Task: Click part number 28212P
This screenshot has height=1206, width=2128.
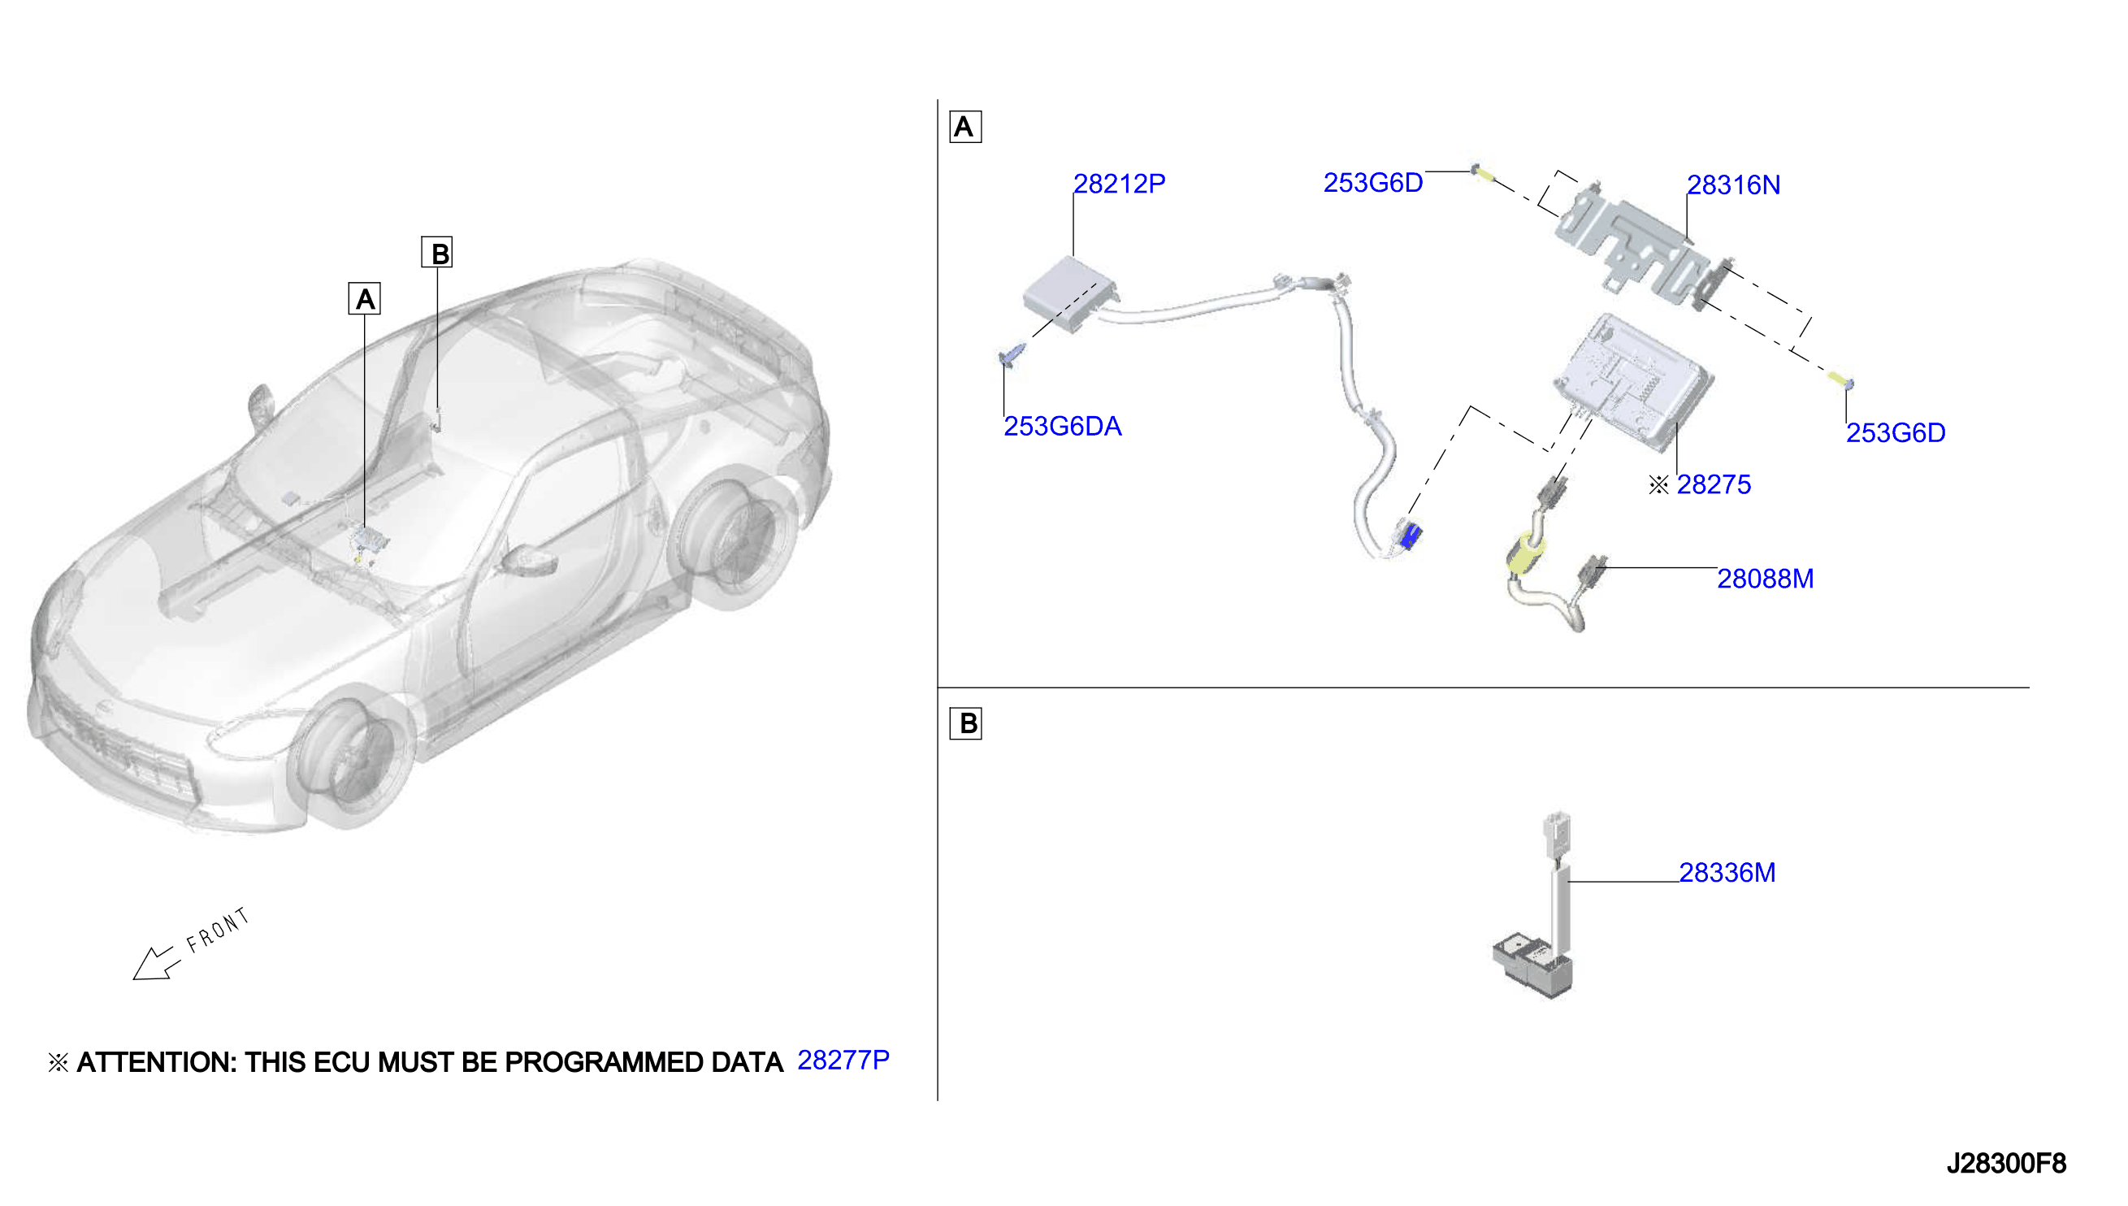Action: [1119, 184]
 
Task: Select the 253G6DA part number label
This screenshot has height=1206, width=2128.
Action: [1062, 427]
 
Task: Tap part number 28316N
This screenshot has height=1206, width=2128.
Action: [1733, 184]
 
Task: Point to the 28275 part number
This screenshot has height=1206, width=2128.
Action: [1713, 484]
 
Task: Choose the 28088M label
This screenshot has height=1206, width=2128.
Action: [1765, 578]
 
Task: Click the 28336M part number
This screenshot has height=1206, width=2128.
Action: [1727, 872]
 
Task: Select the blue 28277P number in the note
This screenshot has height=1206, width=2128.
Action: [843, 1061]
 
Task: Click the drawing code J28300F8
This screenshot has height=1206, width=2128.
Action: [2005, 1164]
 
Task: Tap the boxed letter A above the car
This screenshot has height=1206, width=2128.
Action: [364, 299]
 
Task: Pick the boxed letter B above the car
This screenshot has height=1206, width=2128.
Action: [437, 253]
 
